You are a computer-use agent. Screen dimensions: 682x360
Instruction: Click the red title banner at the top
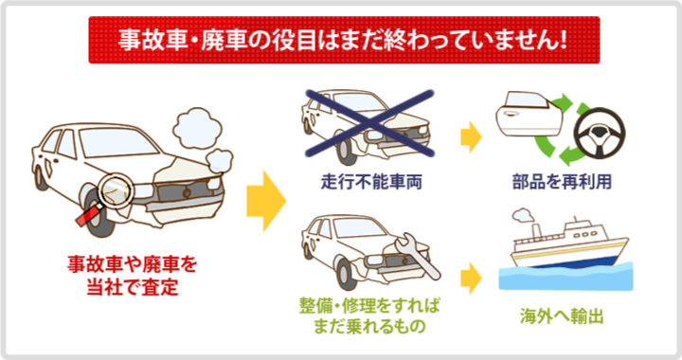click(344, 40)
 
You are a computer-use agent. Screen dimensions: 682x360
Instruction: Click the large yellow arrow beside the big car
click(266, 201)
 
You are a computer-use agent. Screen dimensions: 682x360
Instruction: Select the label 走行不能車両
click(371, 182)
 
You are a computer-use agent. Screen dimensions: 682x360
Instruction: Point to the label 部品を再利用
click(562, 182)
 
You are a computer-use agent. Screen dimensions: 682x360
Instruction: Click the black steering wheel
click(599, 134)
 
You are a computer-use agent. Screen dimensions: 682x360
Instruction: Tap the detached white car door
click(529, 114)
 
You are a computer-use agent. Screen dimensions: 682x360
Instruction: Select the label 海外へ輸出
click(562, 316)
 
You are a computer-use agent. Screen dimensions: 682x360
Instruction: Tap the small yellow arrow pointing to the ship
click(471, 278)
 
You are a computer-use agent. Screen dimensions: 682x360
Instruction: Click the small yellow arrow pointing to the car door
click(471, 137)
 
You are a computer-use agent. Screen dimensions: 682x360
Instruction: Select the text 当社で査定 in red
click(133, 287)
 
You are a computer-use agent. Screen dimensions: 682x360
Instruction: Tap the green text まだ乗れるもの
click(368, 326)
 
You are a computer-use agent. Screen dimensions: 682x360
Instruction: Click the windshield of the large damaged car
click(118, 142)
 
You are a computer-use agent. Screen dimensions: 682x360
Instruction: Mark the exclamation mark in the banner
click(564, 40)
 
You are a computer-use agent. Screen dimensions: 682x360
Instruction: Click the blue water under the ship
click(565, 277)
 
